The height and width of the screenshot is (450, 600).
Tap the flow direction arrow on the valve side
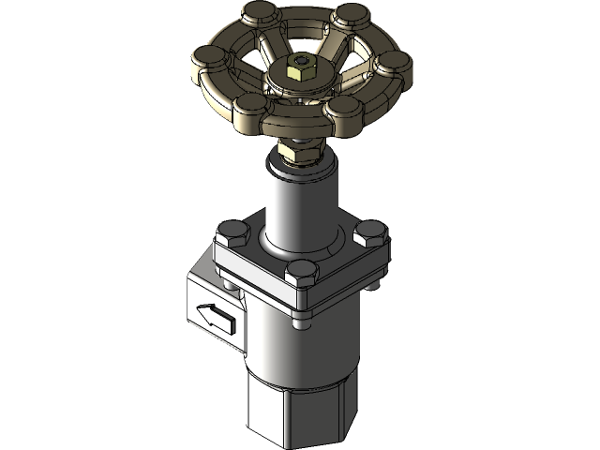(x=214, y=316)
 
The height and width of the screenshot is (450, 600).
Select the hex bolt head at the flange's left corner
(x=230, y=232)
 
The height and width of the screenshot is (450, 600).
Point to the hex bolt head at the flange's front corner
(x=301, y=274)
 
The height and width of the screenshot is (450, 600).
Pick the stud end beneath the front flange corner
(x=299, y=324)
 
